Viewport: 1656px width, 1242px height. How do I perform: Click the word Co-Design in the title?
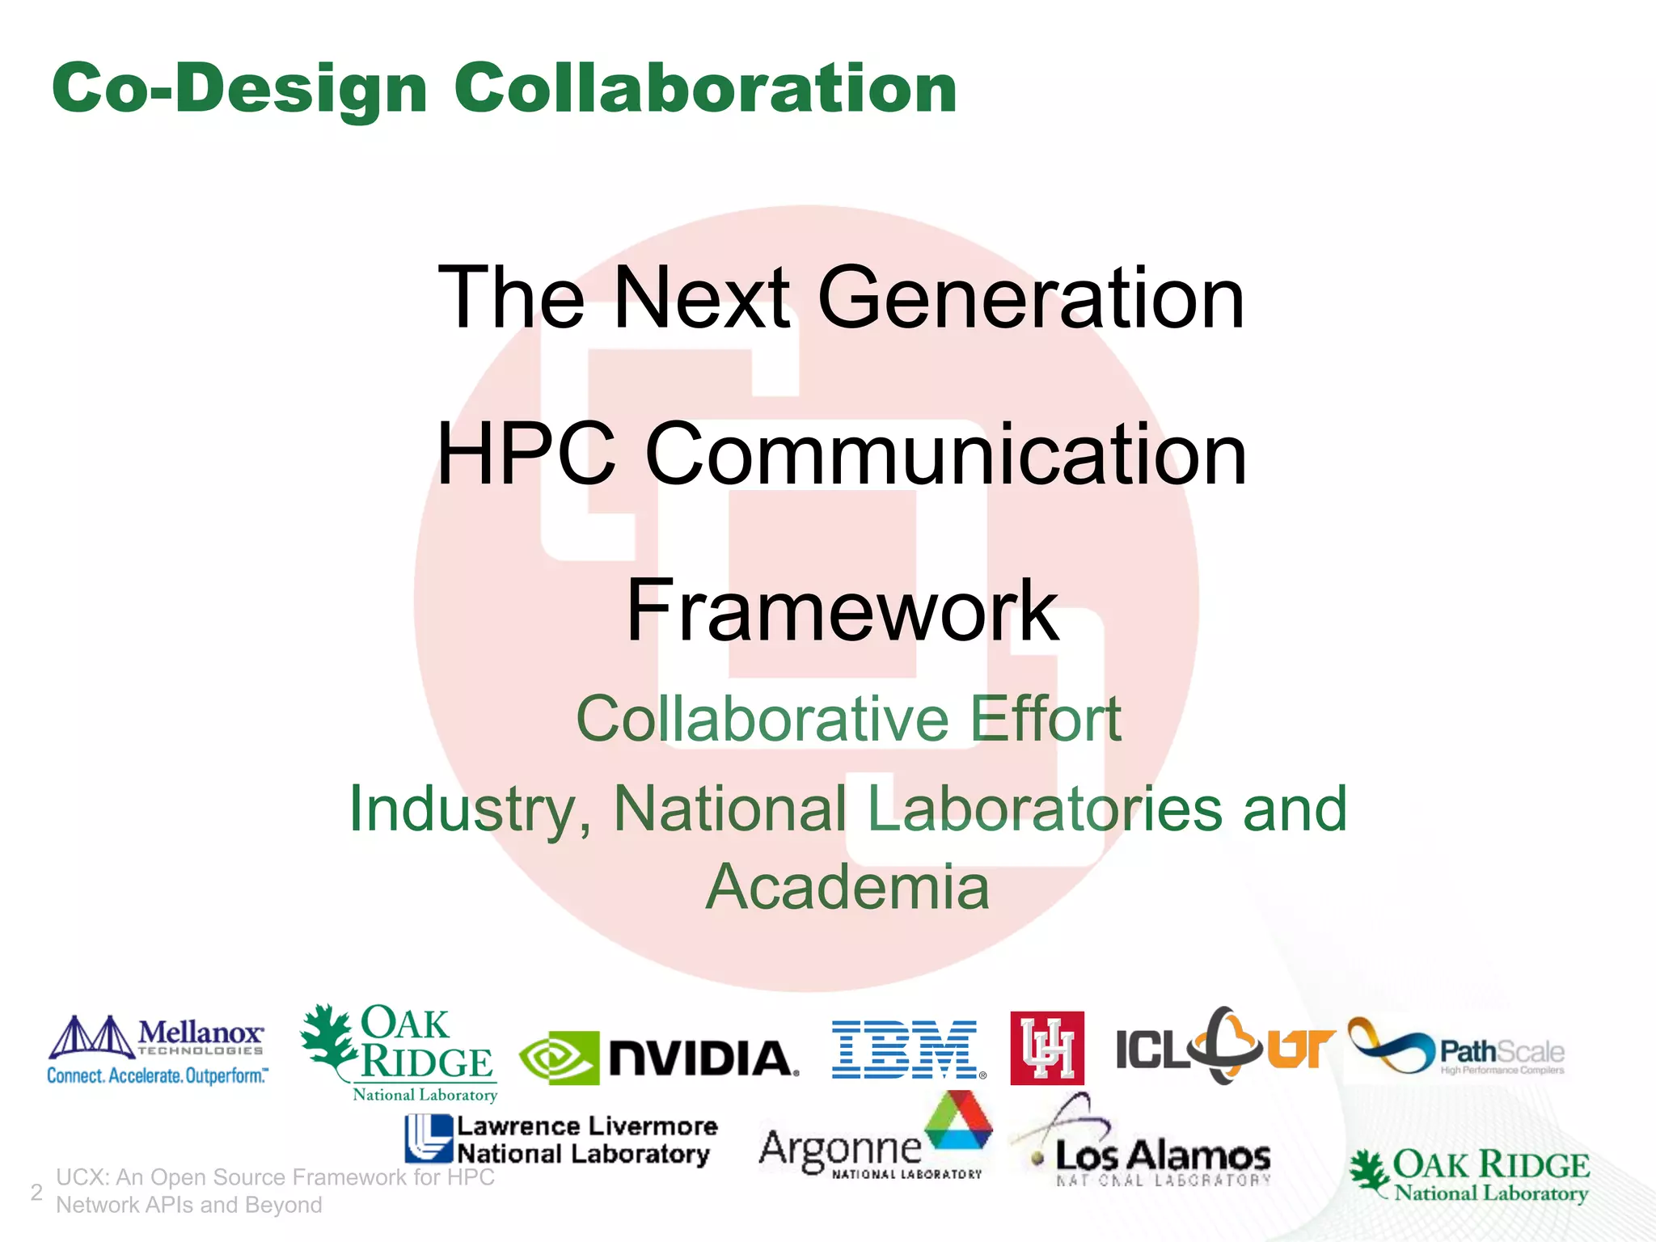[x=239, y=89]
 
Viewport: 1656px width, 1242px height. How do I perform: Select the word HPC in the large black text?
[x=526, y=454]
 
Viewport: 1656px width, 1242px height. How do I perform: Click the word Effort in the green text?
[x=1045, y=718]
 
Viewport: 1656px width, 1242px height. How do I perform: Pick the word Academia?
[x=847, y=887]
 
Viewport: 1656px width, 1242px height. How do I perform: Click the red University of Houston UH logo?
[x=1046, y=1048]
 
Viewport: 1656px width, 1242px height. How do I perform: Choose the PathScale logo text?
[x=1501, y=1053]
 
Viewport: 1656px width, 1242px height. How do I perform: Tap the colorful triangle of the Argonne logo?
[x=959, y=1121]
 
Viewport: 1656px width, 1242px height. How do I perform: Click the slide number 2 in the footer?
[x=36, y=1192]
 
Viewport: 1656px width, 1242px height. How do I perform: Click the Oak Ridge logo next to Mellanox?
[x=399, y=1053]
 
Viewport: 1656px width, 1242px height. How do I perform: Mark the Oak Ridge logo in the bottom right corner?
[x=1470, y=1176]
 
